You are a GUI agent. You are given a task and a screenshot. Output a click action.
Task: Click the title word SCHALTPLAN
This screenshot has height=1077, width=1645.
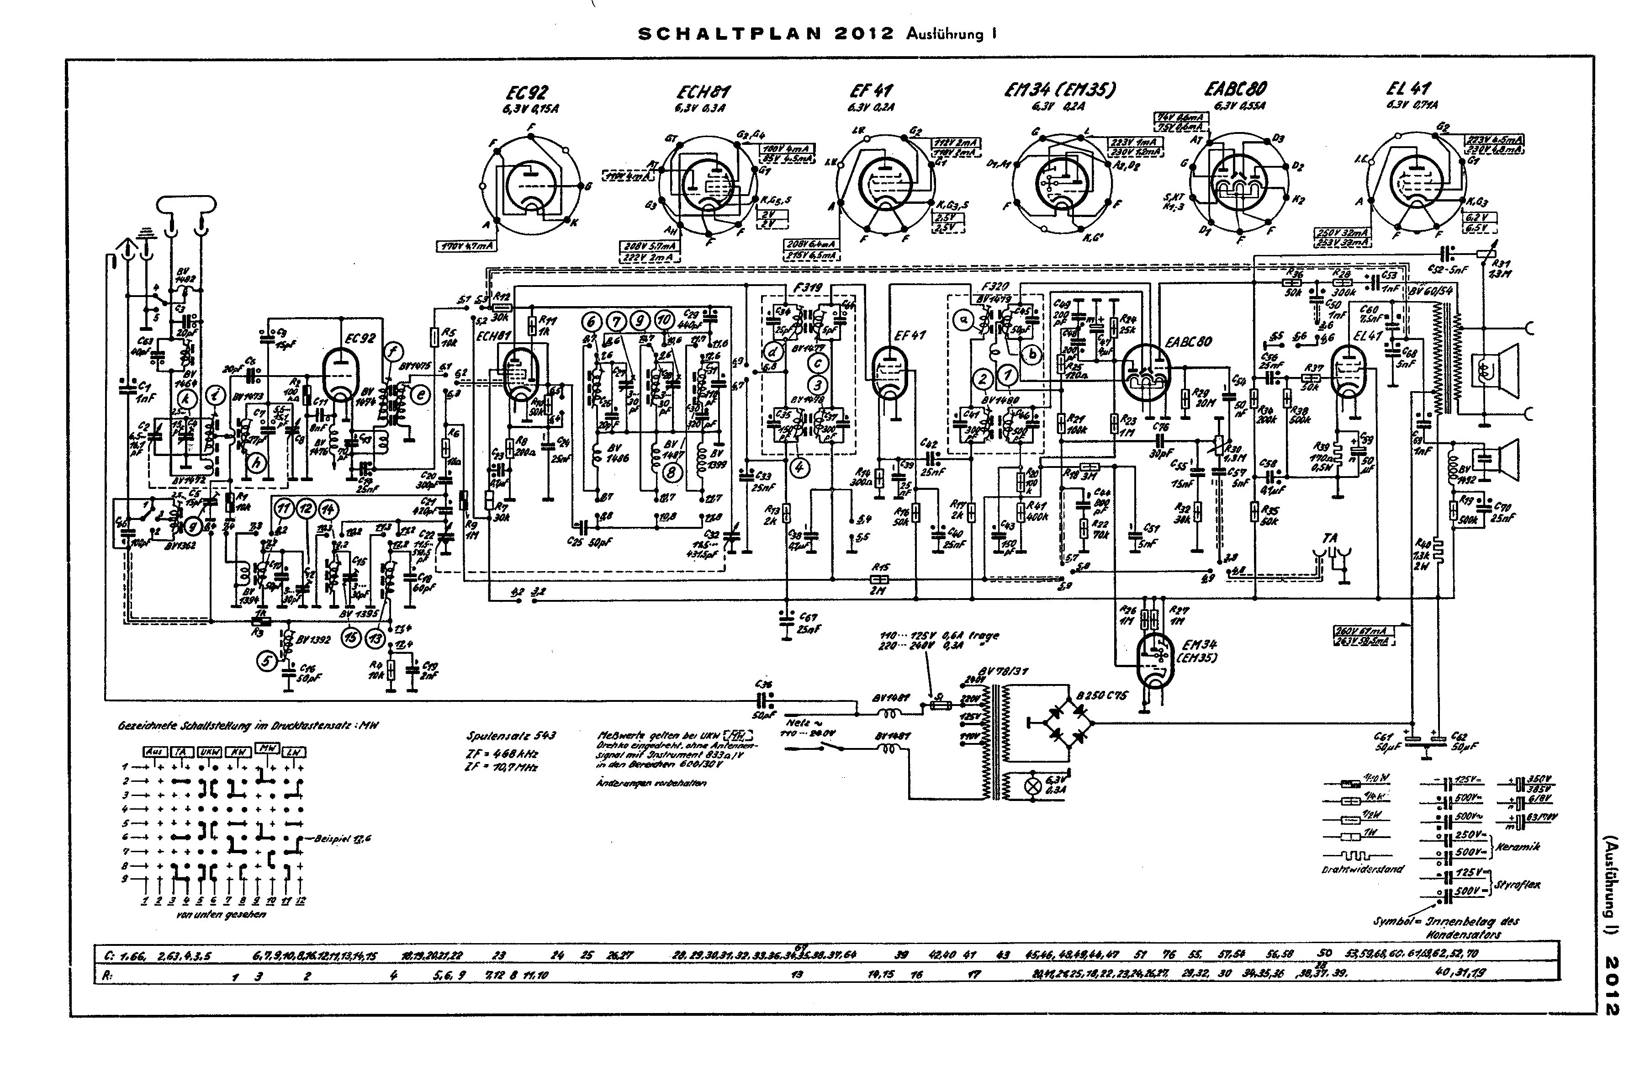(x=729, y=34)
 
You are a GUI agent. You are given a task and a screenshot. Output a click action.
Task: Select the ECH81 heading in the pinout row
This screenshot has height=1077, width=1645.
(x=703, y=92)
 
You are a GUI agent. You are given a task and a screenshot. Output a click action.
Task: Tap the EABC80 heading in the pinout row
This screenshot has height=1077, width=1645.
(x=1235, y=89)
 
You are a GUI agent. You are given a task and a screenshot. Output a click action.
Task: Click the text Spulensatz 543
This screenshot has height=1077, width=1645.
(x=511, y=736)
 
